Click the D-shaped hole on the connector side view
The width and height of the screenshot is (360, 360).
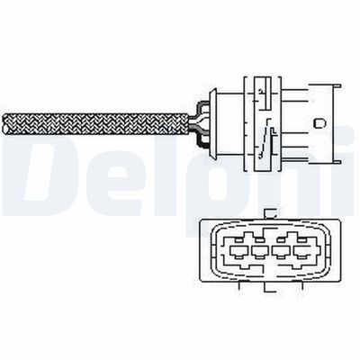point(319,123)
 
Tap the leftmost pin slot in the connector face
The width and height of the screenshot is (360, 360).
point(238,250)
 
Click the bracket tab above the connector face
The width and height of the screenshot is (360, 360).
point(270,213)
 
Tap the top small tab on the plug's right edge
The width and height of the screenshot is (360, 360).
point(337,86)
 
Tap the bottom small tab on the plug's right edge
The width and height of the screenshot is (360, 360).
point(337,162)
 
